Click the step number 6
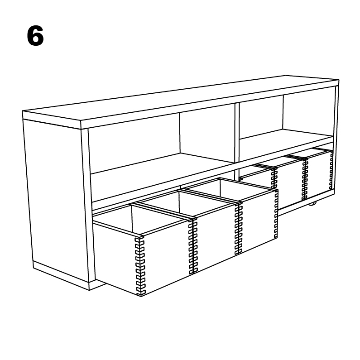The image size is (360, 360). pos(35,36)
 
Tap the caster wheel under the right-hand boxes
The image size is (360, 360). pos(312,203)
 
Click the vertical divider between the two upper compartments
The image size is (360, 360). pos(236,131)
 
